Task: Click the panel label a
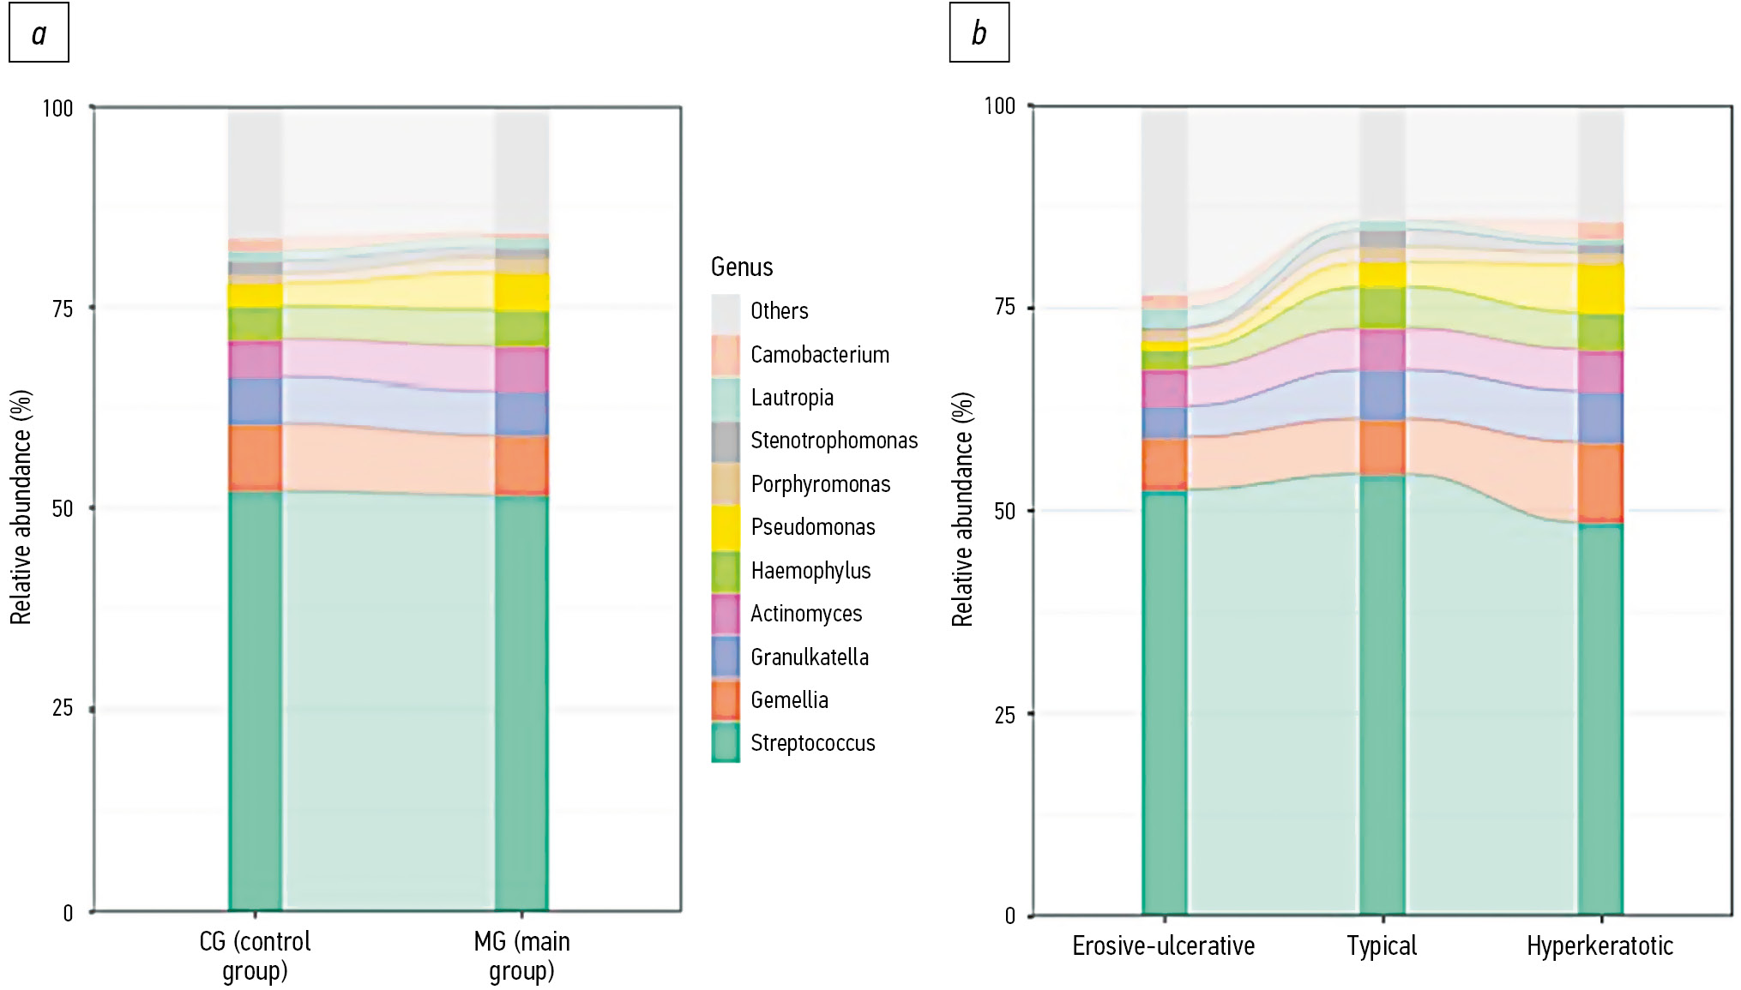point(39,33)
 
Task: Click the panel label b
point(979,33)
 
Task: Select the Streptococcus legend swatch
point(726,742)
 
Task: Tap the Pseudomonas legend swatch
point(726,526)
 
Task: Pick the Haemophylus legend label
point(810,571)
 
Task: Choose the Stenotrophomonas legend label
point(834,441)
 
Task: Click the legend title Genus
point(742,267)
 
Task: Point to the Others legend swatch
point(726,311)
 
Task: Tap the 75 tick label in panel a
point(63,309)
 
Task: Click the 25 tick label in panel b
point(1004,715)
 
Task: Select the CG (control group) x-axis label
point(255,956)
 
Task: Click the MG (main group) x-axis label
point(521,956)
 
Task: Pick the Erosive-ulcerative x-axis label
point(1163,946)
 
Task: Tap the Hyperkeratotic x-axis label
point(1599,946)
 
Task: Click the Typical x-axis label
point(1382,946)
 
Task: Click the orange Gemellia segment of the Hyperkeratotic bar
point(1600,482)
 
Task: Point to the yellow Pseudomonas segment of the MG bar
point(521,292)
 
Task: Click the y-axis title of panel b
point(962,509)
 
